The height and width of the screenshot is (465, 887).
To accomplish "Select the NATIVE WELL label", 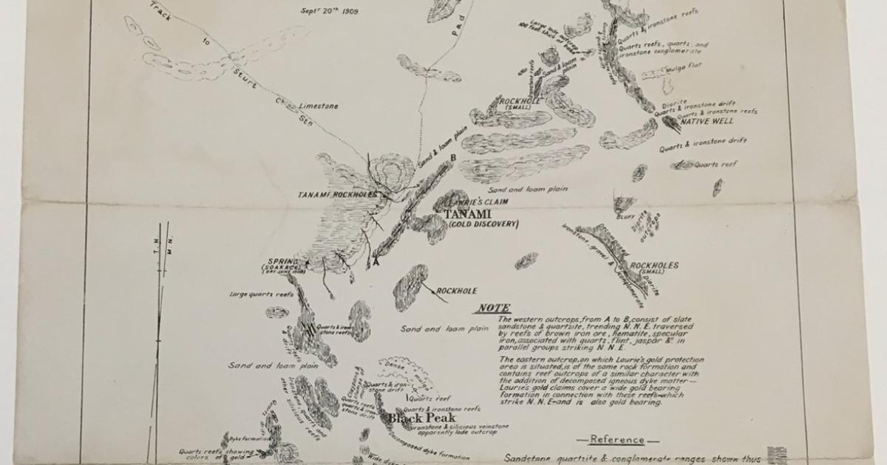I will (711, 120).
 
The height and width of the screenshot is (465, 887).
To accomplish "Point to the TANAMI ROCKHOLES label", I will (337, 195).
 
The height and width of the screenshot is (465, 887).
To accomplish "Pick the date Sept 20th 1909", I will (329, 11).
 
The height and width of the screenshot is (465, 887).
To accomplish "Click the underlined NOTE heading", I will (494, 308).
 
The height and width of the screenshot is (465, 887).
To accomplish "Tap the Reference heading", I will (617, 440).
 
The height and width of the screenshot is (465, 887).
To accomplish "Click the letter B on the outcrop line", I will (452, 157).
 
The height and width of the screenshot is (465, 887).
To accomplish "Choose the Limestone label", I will (319, 106).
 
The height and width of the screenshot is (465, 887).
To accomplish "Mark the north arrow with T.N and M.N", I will (160, 295).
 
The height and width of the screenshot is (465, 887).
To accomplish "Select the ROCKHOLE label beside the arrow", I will (456, 291).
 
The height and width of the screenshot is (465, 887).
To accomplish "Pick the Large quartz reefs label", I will (261, 294).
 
